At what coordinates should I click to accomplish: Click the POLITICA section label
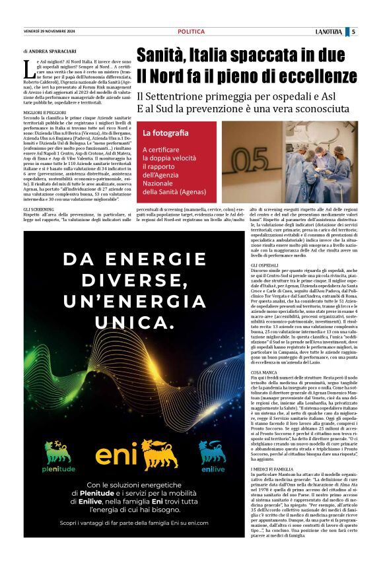click(x=191, y=32)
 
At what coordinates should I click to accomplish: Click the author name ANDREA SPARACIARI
click(x=53, y=51)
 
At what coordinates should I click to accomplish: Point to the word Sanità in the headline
click(x=165, y=54)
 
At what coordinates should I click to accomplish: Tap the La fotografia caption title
click(x=161, y=133)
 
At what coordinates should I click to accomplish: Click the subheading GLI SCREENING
click(x=39, y=209)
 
